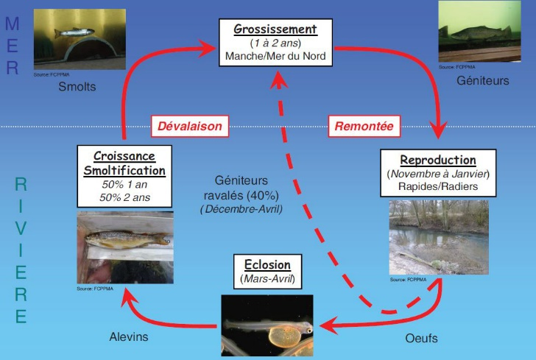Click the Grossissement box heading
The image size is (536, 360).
[x=275, y=30]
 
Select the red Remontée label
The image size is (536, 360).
[x=364, y=126]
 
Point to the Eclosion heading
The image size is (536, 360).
[x=262, y=265]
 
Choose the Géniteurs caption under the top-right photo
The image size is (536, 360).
[x=482, y=80]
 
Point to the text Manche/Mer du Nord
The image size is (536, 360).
[x=275, y=56]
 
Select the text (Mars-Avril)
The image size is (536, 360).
[x=262, y=279]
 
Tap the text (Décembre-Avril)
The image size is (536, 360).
[x=240, y=209]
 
